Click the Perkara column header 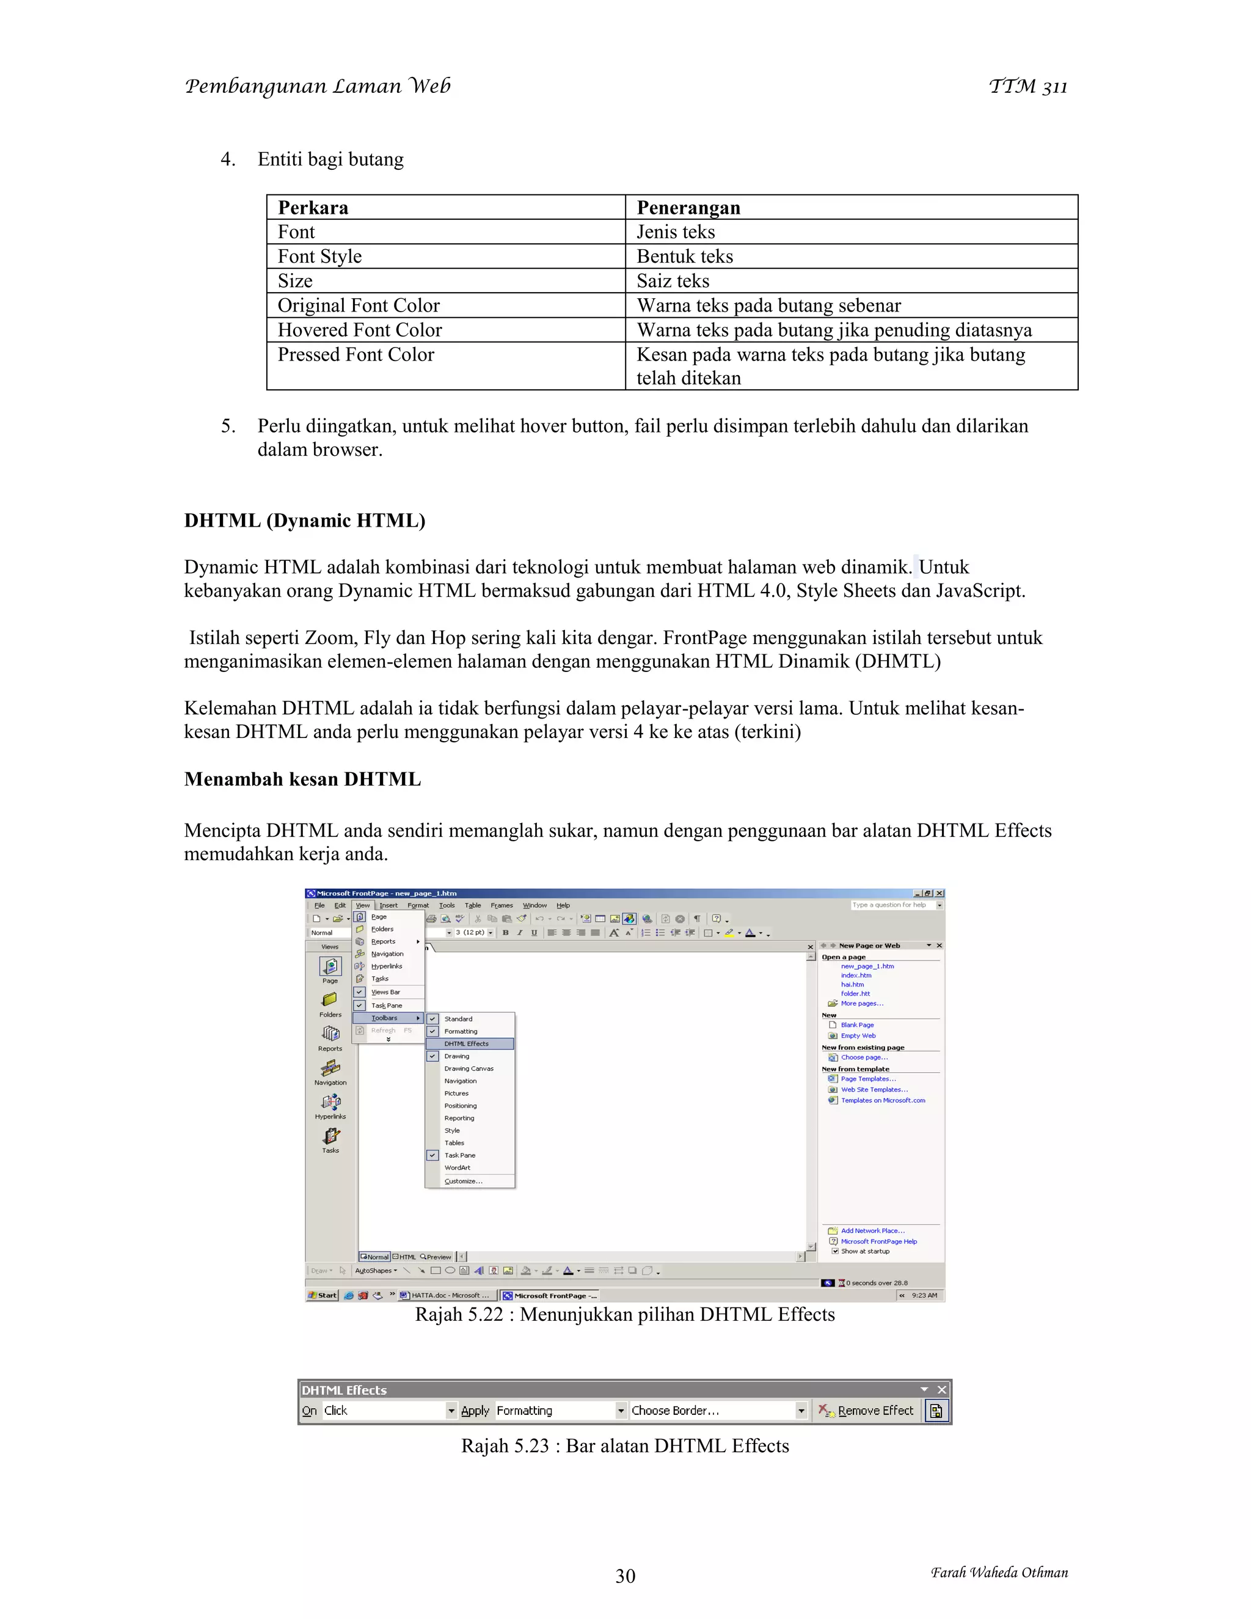coord(313,208)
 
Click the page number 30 coord(625,1576)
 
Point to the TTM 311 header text coord(1028,87)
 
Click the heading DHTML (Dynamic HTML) coord(305,521)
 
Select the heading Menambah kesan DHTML coord(302,779)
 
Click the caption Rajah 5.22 coord(625,1314)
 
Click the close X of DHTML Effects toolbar coord(942,1390)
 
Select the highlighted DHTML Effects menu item coord(467,1043)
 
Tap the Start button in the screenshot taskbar coord(323,1296)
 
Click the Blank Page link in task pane coord(857,1025)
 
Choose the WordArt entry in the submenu coord(458,1168)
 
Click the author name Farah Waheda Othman coord(999,1573)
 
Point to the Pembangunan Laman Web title coord(317,87)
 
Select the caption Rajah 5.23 coord(625,1446)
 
